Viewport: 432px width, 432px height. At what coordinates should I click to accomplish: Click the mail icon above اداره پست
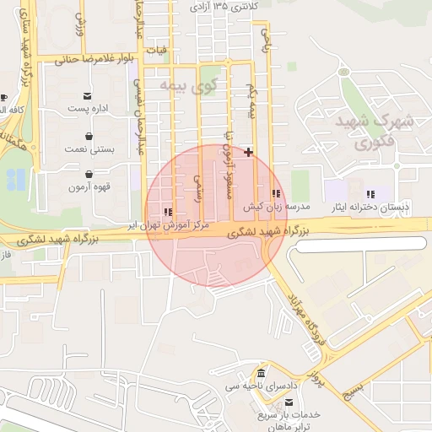click(89, 95)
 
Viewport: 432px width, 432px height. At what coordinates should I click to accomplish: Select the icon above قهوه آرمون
click(89, 174)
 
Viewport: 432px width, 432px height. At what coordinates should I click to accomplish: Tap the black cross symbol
click(248, 152)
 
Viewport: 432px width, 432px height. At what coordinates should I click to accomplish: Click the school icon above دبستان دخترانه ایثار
click(370, 194)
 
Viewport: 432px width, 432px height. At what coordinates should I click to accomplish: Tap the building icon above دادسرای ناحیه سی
click(261, 374)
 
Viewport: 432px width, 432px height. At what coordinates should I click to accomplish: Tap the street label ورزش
click(81, 23)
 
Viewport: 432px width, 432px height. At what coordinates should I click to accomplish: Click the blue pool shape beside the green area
click(15, 180)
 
